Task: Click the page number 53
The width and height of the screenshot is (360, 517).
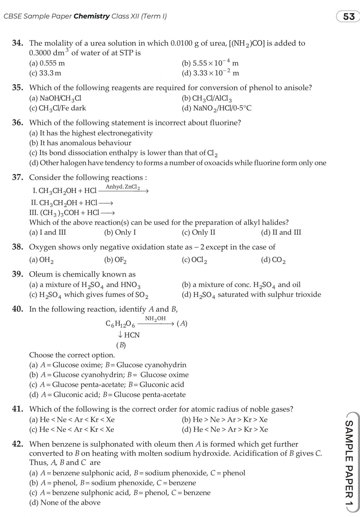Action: click(x=349, y=17)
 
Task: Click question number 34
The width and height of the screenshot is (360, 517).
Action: click(x=18, y=43)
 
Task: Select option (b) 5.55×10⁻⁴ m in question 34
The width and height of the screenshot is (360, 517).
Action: click(x=210, y=63)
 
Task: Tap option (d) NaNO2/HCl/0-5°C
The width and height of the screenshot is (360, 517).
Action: click(x=217, y=108)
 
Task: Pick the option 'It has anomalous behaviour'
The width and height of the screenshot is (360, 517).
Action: click(x=80, y=143)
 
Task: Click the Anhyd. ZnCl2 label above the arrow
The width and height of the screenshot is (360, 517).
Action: click(x=123, y=187)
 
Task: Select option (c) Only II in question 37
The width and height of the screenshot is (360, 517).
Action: click(x=199, y=232)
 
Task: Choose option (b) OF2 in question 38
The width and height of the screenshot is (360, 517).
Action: click(x=115, y=260)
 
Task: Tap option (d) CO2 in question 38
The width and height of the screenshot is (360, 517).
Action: click(x=273, y=260)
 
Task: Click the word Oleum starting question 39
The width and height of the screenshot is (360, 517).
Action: click(x=40, y=274)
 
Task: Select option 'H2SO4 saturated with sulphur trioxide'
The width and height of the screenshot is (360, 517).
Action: click(x=251, y=295)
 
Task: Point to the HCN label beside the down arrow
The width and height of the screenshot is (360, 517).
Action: click(x=132, y=335)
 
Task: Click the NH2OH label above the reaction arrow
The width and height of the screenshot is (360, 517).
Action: click(x=155, y=319)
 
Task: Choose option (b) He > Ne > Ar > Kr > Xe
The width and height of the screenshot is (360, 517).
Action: click(x=225, y=419)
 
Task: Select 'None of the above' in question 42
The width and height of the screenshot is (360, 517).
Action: click(x=65, y=502)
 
